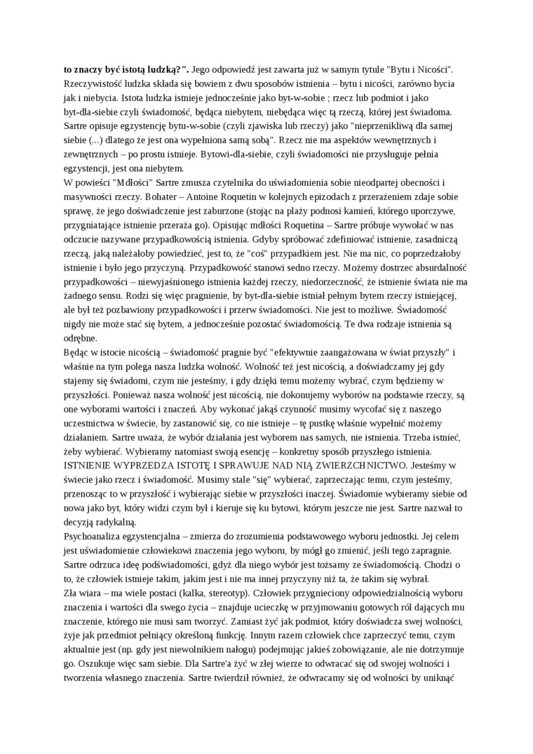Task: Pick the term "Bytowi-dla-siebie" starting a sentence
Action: (217, 154)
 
